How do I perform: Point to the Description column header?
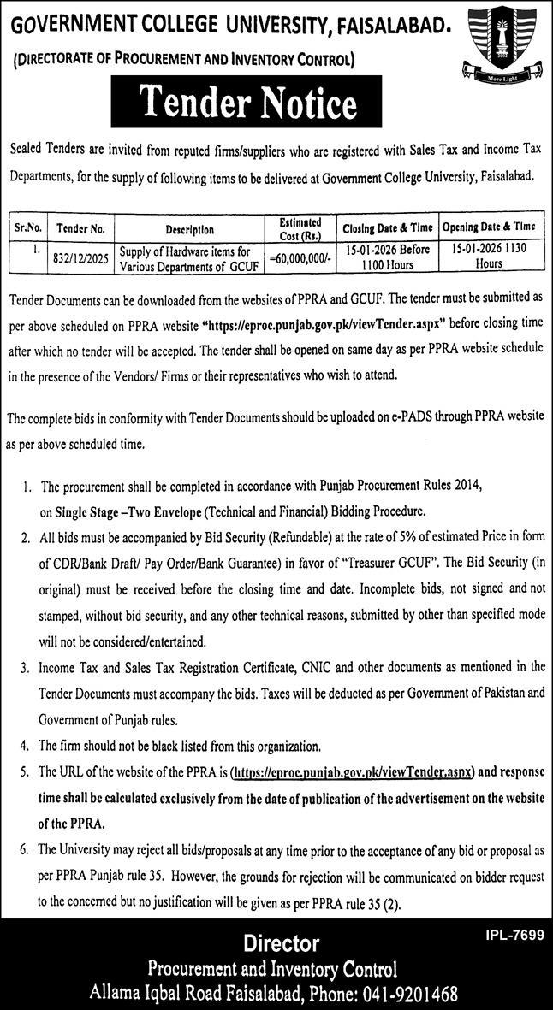[x=190, y=229]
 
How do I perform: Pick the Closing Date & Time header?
[x=388, y=229]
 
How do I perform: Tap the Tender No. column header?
[x=80, y=229]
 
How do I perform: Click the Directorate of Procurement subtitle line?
[x=184, y=60]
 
